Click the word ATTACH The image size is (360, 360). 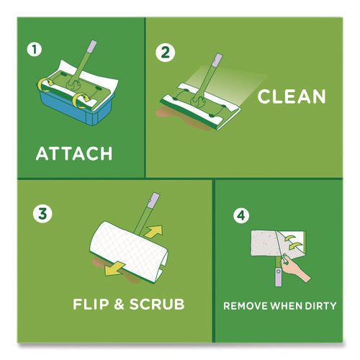tap(75, 153)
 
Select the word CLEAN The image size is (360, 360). tap(292, 96)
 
